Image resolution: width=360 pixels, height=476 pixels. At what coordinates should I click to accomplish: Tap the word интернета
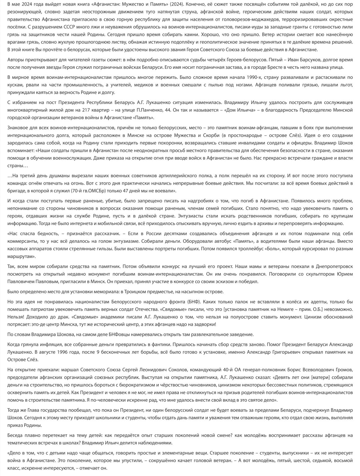click(81, 223)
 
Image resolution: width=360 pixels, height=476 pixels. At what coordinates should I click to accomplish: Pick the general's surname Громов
click(311, 370)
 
